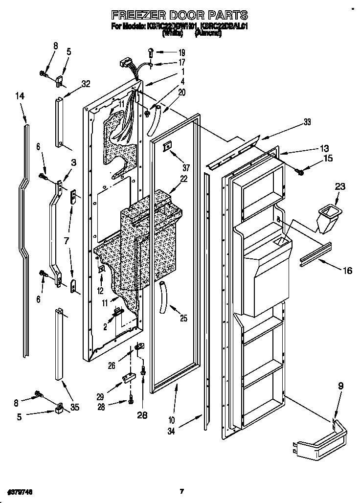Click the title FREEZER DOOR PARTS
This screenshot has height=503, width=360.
[180, 15]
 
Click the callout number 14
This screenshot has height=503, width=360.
[20, 97]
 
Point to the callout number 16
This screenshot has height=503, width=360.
[346, 271]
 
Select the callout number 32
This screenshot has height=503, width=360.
[86, 84]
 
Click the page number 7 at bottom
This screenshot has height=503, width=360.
[181, 490]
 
